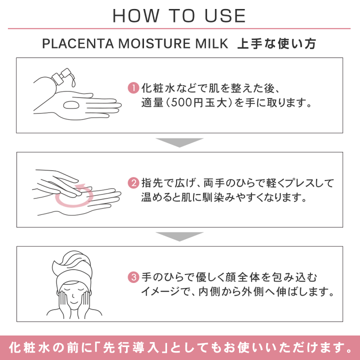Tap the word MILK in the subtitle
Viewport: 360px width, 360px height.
pyautogui.click(x=210, y=44)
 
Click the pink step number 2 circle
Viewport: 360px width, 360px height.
pyautogui.click(x=133, y=183)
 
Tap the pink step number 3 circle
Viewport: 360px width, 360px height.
pyautogui.click(x=133, y=276)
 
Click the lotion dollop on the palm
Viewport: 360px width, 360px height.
pyautogui.click(x=70, y=105)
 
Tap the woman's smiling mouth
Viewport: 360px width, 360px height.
pyautogui.click(x=72, y=301)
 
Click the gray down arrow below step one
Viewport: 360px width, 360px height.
pyautogui.click(x=179, y=142)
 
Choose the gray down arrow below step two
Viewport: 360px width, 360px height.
pyautogui.click(x=179, y=236)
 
